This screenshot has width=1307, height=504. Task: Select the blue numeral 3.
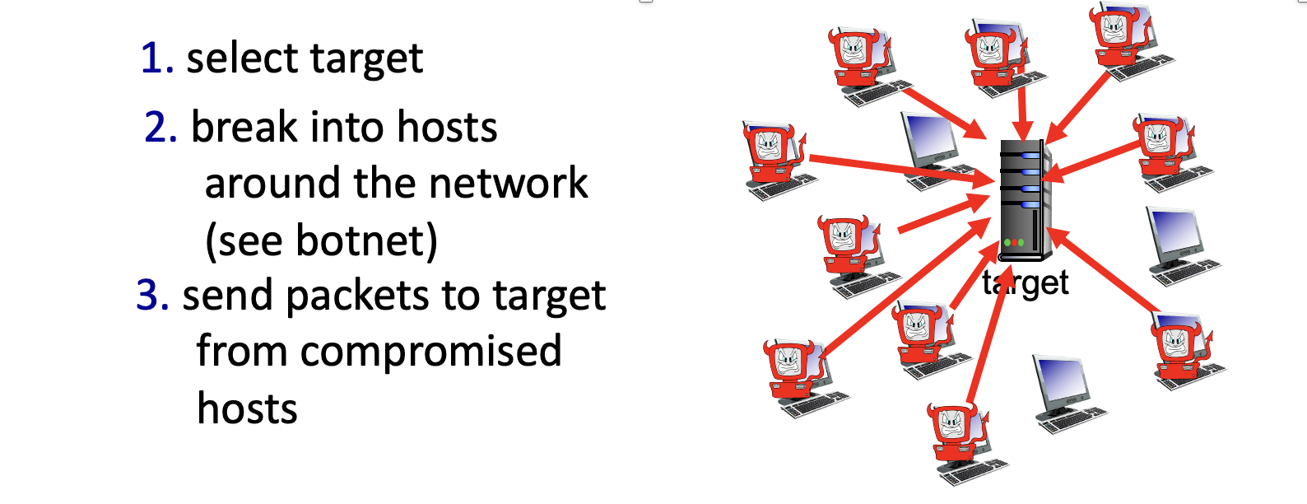(x=153, y=295)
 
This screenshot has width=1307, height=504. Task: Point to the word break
(x=244, y=126)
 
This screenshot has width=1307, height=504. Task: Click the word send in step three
(x=227, y=295)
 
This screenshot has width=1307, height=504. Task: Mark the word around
(x=272, y=183)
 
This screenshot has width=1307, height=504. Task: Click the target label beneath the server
(x=1026, y=284)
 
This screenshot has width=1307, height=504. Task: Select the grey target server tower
(x=1026, y=200)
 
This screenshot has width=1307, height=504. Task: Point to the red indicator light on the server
(x=1014, y=242)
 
